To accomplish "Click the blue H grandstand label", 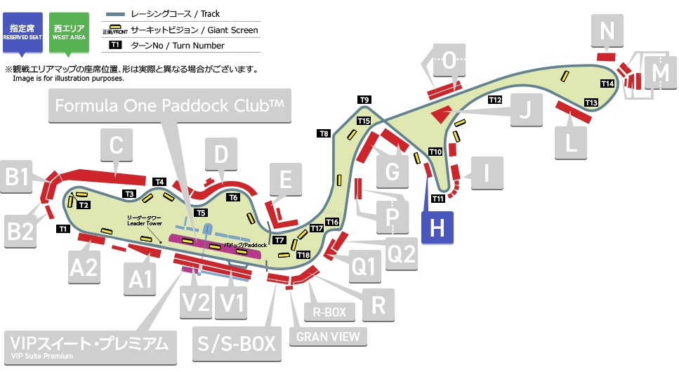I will pyautogui.click(x=436, y=227).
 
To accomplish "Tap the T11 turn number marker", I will pyautogui.click(x=438, y=199).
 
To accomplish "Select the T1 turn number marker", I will pyautogui.click(x=62, y=229).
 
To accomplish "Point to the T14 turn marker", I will pyautogui.click(x=608, y=84).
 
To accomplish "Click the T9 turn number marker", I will pyautogui.click(x=364, y=100).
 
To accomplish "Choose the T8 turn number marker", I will pyautogui.click(x=324, y=133).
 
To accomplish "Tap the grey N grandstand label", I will pyautogui.click(x=607, y=31).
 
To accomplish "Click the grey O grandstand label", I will pyautogui.click(x=449, y=60).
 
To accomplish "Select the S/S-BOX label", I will pyautogui.click(x=235, y=343).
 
